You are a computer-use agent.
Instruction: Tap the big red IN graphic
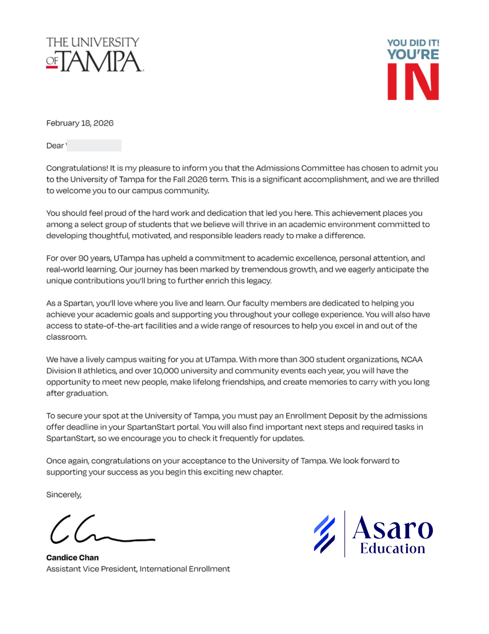[413, 82]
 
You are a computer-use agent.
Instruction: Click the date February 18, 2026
[80, 123]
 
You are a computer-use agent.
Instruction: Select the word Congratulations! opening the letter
[77, 168]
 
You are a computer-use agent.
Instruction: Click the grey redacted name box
[94, 146]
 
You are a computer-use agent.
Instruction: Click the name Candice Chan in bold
[72, 558]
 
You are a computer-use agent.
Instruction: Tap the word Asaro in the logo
[392, 528]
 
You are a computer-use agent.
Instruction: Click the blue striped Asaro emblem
[324, 534]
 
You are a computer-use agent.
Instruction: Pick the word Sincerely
[64, 495]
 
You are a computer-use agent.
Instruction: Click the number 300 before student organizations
[306, 359]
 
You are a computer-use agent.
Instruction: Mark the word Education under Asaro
[392, 549]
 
